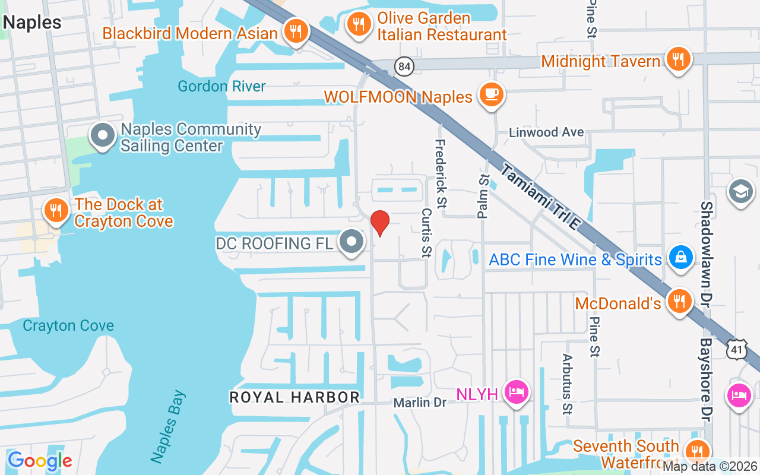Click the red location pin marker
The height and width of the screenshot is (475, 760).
pyautogui.click(x=380, y=223)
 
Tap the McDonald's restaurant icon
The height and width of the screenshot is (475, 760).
pyautogui.click(x=678, y=302)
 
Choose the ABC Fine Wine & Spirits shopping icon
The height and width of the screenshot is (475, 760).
pyautogui.click(x=677, y=257)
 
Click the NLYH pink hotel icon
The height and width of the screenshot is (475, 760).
pyautogui.click(x=515, y=392)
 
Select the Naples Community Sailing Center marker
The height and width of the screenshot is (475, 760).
pyautogui.click(x=102, y=135)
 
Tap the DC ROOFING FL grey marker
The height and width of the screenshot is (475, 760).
pyautogui.click(x=351, y=242)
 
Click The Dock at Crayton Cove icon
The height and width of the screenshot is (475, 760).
pyautogui.click(x=56, y=210)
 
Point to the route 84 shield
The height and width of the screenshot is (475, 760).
pyautogui.click(x=404, y=66)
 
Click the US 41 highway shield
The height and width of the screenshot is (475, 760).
pyautogui.click(x=737, y=350)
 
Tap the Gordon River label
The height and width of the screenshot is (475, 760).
pyautogui.click(x=222, y=86)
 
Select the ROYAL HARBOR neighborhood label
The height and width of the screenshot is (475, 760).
pyautogui.click(x=294, y=397)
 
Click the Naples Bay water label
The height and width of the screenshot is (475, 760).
pyautogui.click(x=168, y=426)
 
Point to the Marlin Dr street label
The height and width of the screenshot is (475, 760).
pyautogui.click(x=420, y=403)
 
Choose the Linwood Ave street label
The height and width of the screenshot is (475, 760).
pyautogui.click(x=546, y=132)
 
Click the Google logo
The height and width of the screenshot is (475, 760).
pyautogui.click(x=39, y=461)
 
